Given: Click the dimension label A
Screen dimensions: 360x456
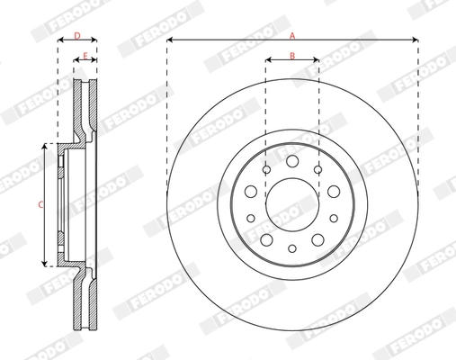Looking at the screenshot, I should pyautogui.click(x=291, y=34).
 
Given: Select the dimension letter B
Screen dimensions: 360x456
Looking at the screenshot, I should pyautogui.click(x=292, y=56).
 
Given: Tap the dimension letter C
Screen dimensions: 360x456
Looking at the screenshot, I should pyautogui.click(x=40, y=204).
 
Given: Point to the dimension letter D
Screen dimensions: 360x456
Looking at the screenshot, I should pyautogui.click(x=77, y=35).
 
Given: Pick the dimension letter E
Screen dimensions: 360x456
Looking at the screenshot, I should pyautogui.click(x=85, y=56).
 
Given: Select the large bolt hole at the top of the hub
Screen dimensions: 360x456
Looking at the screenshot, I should pyautogui.click(x=292, y=160).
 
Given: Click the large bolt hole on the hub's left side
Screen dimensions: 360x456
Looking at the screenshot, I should pyautogui.click(x=252, y=193).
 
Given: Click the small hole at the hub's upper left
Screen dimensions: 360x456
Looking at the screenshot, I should pyautogui.click(x=266, y=168).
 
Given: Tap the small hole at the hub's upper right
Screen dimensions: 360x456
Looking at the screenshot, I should pyautogui.click(x=318, y=168).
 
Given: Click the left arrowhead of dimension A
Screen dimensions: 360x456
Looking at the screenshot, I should pyautogui.click(x=170, y=40).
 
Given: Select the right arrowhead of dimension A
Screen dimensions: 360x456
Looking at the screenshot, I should pyautogui.click(x=415, y=40).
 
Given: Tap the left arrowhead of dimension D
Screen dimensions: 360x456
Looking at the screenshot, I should pyautogui.click(x=61, y=41).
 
